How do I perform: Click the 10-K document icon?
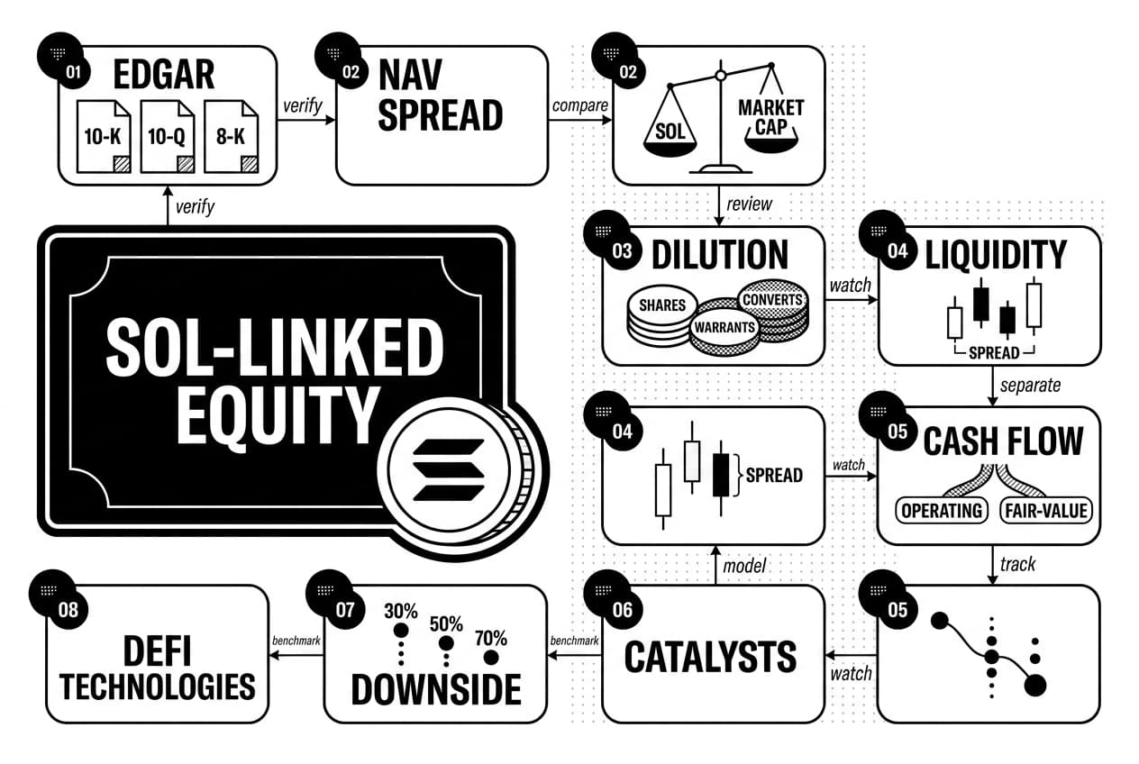tap(104, 136)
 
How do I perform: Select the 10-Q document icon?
tap(168, 136)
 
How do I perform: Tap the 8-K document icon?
tap(231, 136)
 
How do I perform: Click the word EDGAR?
tap(164, 75)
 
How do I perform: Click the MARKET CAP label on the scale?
tap(770, 117)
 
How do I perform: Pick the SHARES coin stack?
tap(662, 315)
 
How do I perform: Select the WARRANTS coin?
tap(724, 327)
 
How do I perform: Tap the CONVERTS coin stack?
tap(773, 310)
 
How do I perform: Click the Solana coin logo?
tap(449, 470)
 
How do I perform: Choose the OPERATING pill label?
tap(941, 510)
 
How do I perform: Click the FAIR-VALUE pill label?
tap(1046, 510)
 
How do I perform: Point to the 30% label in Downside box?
tap(401, 611)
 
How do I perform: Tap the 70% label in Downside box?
tap(491, 639)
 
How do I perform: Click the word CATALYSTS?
tap(710, 658)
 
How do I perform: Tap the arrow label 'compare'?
tap(580, 105)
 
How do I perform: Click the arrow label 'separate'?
tap(1030, 386)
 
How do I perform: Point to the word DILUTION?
tap(720, 255)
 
